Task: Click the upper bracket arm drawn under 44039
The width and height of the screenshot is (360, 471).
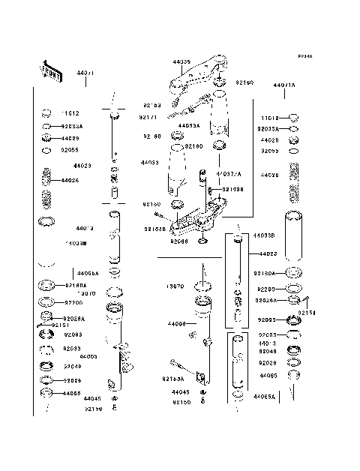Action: pyautogui.click(x=196, y=75)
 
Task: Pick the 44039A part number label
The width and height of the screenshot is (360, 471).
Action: pyautogui.click(x=188, y=125)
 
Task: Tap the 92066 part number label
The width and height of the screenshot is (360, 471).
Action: pyautogui.click(x=180, y=241)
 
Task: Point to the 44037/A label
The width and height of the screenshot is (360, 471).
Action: pyautogui.click(x=229, y=173)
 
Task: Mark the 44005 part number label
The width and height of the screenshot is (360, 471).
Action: pyautogui.click(x=88, y=356)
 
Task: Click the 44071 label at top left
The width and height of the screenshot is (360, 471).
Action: pyautogui.click(x=84, y=73)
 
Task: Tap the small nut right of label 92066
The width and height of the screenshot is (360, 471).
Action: pyautogui.click(x=203, y=241)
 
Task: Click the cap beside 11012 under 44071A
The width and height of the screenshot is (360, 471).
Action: pyautogui.click(x=294, y=117)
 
